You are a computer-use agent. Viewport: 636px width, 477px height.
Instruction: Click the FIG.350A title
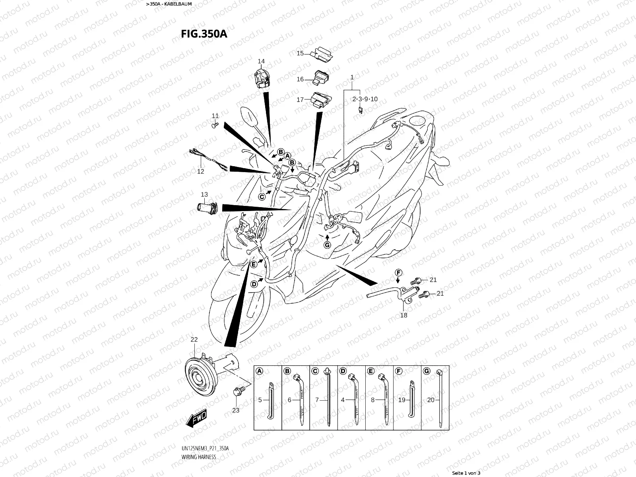(x=204, y=33)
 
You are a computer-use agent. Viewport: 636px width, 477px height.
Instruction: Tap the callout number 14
(x=261, y=61)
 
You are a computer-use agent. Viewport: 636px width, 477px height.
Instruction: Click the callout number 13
(x=204, y=194)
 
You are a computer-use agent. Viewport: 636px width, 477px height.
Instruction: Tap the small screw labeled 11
(x=215, y=125)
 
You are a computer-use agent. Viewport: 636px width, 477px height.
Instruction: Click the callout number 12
(x=201, y=171)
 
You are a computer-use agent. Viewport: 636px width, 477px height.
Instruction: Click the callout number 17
(x=300, y=99)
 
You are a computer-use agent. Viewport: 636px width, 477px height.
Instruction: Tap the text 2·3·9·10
(x=365, y=99)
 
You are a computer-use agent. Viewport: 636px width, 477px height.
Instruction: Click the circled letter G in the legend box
(x=427, y=371)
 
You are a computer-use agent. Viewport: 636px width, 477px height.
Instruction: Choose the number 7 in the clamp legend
(x=317, y=400)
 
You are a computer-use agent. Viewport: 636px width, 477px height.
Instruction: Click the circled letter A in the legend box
(x=259, y=371)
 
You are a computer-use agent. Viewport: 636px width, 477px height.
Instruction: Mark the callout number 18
(x=403, y=315)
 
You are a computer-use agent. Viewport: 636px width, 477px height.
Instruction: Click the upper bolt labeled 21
(x=417, y=280)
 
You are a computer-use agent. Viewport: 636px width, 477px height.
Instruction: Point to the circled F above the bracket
(x=398, y=272)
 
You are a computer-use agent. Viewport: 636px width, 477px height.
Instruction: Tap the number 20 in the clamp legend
(x=431, y=400)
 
